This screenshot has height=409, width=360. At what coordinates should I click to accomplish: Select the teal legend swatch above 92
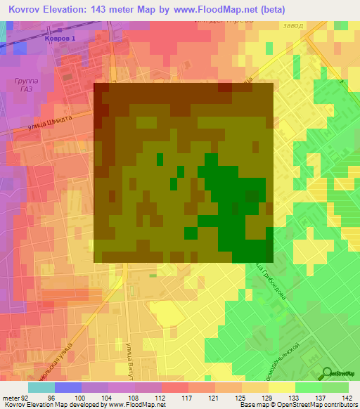pyautogui.click(x=41, y=387)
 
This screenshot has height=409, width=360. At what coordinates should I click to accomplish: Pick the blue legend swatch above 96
pyautogui.click(x=67, y=387)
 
